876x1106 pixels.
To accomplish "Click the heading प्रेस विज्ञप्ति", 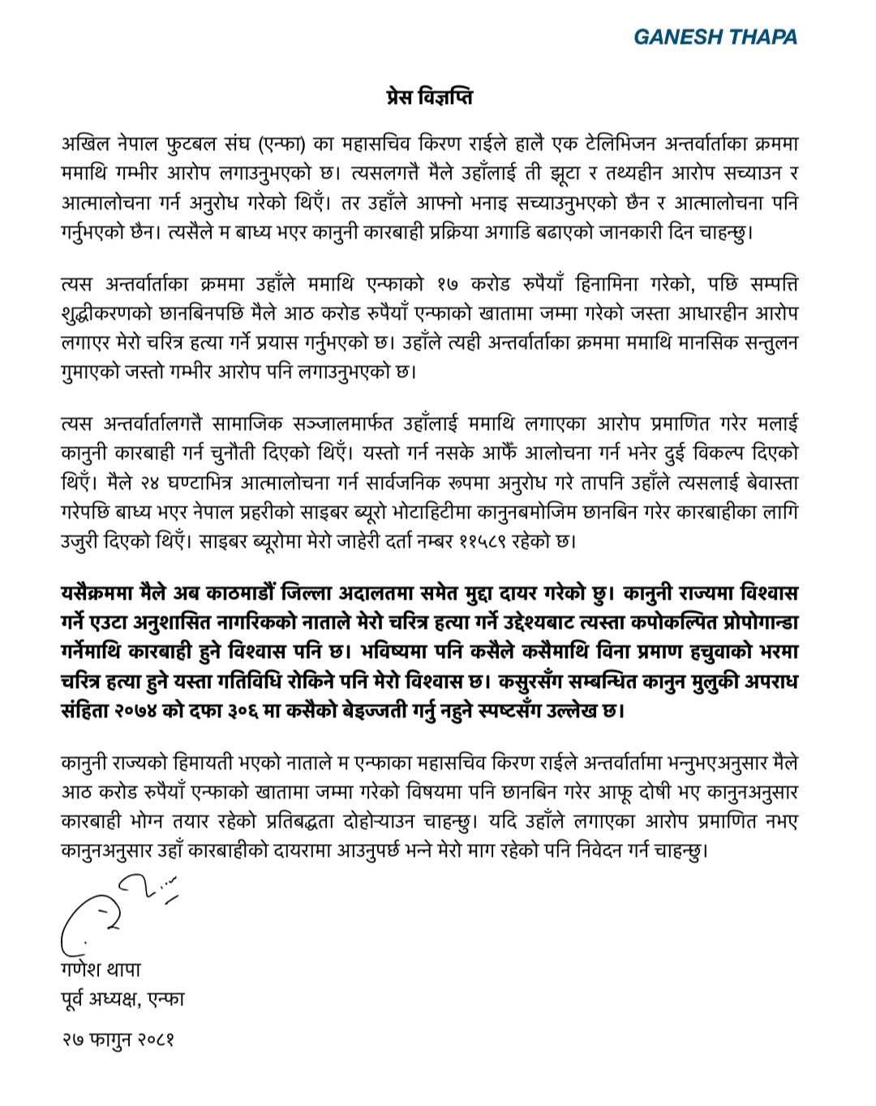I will pyautogui.click(x=429, y=97).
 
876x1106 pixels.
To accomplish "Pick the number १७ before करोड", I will pyautogui.click(x=448, y=285).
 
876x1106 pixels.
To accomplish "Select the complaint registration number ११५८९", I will pyautogui.click(x=478, y=541).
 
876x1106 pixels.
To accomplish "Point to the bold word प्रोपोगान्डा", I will pyautogui.click(x=748, y=623).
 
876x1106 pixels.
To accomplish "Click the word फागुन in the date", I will pyautogui.click(x=109, y=1039).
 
